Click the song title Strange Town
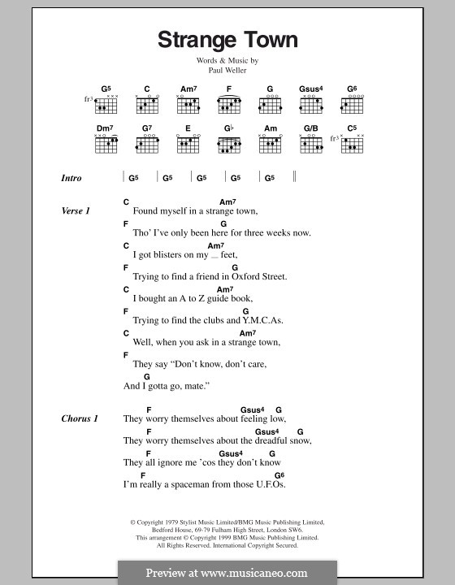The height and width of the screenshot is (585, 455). (x=227, y=40)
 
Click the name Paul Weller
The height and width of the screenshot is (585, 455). (x=227, y=69)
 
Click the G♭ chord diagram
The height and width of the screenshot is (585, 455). (x=228, y=144)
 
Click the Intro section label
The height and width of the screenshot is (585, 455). (x=71, y=178)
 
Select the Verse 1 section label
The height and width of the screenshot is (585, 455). (x=76, y=211)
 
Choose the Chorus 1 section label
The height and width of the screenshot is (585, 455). (x=79, y=418)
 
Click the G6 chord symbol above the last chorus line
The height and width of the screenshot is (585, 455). (x=279, y=474)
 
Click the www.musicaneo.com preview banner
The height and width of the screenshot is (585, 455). (x=227, y=572)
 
